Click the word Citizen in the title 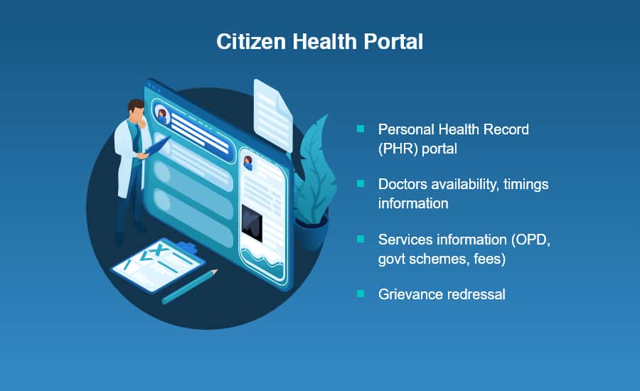tap(251, 42)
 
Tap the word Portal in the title tap(393, 42)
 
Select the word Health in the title tap(324, 42)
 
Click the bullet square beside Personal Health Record tap(361, 129)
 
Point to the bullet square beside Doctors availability tap(361, 183)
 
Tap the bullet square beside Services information tap(361, 239)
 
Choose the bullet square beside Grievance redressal tap(361, 294)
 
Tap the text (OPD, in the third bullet tap(530, 240)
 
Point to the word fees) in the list tap(490, 259)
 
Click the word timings tap(526, 185)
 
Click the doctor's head tap(137, 109)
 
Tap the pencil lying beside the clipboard tap(190, 286)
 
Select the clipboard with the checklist tap(159, 265)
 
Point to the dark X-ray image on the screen tap(252, 224)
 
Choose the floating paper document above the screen tap(273, 115)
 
